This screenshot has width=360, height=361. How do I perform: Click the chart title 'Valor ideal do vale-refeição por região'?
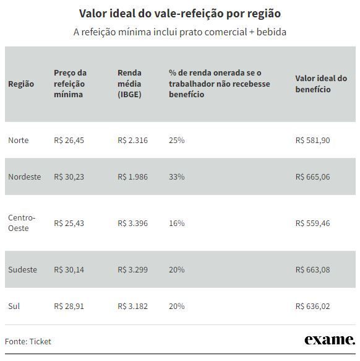180,14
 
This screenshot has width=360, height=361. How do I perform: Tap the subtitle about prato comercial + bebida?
180,32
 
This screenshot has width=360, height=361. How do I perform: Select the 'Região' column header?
21,84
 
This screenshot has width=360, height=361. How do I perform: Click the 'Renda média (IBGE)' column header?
129,84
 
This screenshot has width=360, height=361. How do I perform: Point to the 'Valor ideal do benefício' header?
321,84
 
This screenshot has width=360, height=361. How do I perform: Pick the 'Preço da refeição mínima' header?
70,84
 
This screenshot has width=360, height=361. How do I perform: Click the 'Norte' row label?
19,140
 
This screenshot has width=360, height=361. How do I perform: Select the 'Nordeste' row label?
25,177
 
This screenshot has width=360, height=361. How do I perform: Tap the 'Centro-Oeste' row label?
22,223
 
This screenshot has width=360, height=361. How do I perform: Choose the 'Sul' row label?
14,307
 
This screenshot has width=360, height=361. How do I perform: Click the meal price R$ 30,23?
69,177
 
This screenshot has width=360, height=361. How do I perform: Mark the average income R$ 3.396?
133,223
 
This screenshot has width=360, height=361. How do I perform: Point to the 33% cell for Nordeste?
177,177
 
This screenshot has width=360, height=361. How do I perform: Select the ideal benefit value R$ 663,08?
312,269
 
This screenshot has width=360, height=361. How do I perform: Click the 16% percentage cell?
177,223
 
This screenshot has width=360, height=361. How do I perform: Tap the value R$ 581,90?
312,140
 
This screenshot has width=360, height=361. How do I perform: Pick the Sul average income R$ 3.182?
133,307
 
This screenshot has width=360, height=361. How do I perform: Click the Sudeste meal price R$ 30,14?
69,269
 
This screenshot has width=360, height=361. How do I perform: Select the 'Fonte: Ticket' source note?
28,341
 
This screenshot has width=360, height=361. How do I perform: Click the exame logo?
330,340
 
